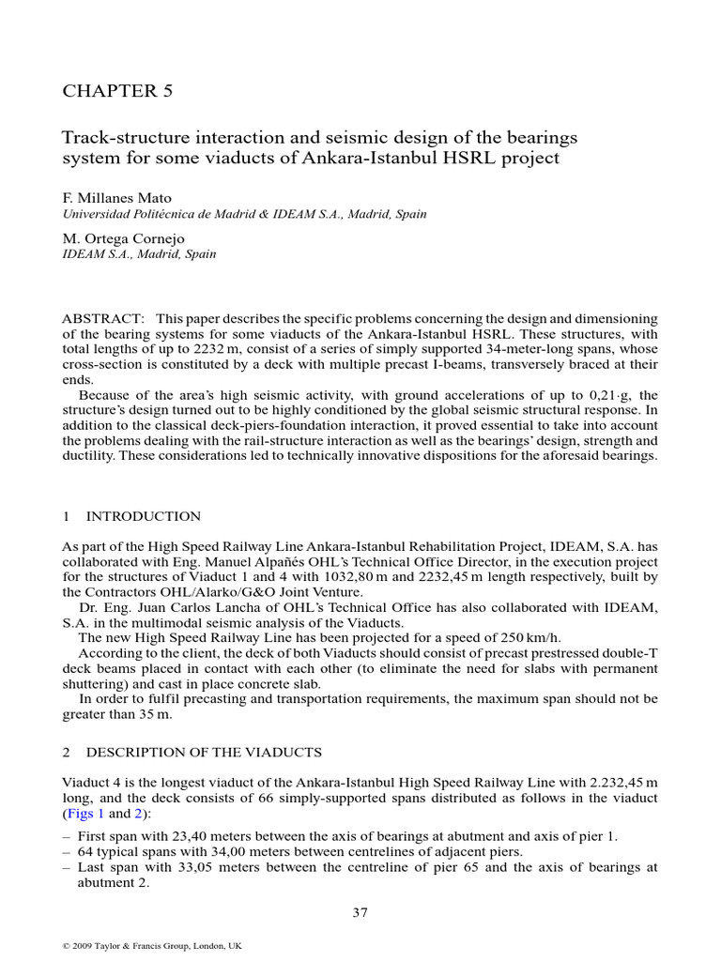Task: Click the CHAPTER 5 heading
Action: coord(117,91)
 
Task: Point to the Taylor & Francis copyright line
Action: coord(151,946)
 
